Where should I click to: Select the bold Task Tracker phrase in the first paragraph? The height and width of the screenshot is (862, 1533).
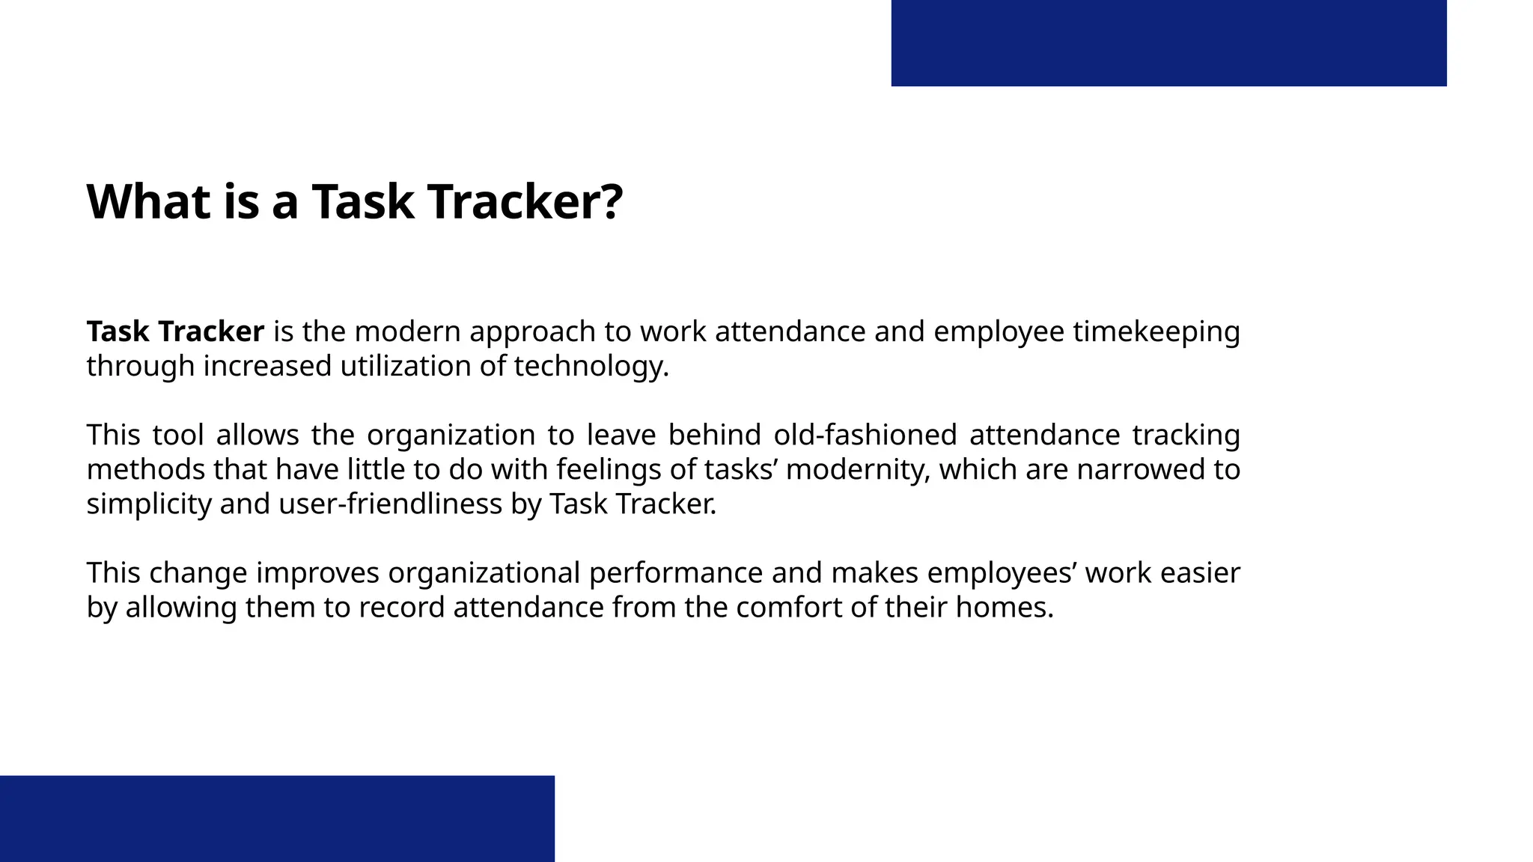click(175, 331)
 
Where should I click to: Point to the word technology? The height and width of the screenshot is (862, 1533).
click(591, 366)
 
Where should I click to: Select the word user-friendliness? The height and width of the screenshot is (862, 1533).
click(390, 504)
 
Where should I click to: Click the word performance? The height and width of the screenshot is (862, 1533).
click(675, 572)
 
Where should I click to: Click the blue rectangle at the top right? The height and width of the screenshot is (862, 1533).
click(1168, 43)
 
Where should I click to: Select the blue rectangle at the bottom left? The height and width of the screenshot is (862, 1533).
click(277, 819)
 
